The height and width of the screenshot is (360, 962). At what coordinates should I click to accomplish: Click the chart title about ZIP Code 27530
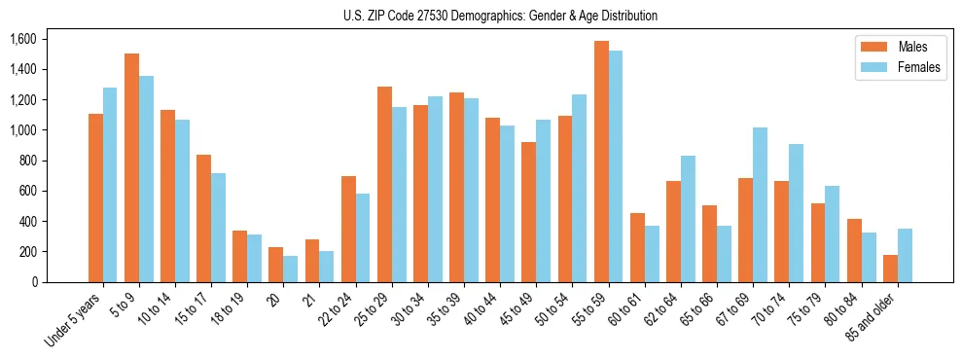(500, 16)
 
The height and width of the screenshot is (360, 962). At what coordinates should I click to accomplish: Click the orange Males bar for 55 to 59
(601, 162)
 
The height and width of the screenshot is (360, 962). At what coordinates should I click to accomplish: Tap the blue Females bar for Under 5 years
(110, 185)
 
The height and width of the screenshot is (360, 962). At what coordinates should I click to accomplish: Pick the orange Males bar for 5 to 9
(131, 167)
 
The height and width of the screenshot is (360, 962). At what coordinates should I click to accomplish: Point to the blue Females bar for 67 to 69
(760, 204)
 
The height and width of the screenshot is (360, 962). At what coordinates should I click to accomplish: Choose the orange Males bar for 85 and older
(890, 269)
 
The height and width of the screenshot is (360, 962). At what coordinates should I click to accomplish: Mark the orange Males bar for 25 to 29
(384, 184)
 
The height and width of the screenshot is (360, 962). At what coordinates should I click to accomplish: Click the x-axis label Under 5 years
(78, 318)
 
